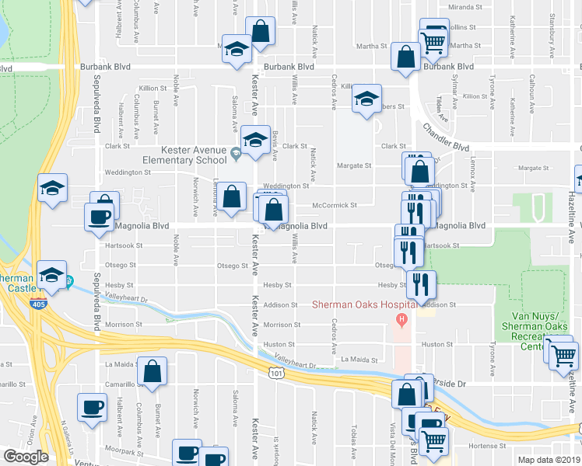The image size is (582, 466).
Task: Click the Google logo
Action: [26, 457]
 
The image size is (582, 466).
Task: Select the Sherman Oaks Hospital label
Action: [361, 304]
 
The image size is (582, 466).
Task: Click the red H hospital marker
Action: [401, 318]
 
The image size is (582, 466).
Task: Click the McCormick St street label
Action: [334, 206]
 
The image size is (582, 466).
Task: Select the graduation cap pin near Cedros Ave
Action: [366, 99]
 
